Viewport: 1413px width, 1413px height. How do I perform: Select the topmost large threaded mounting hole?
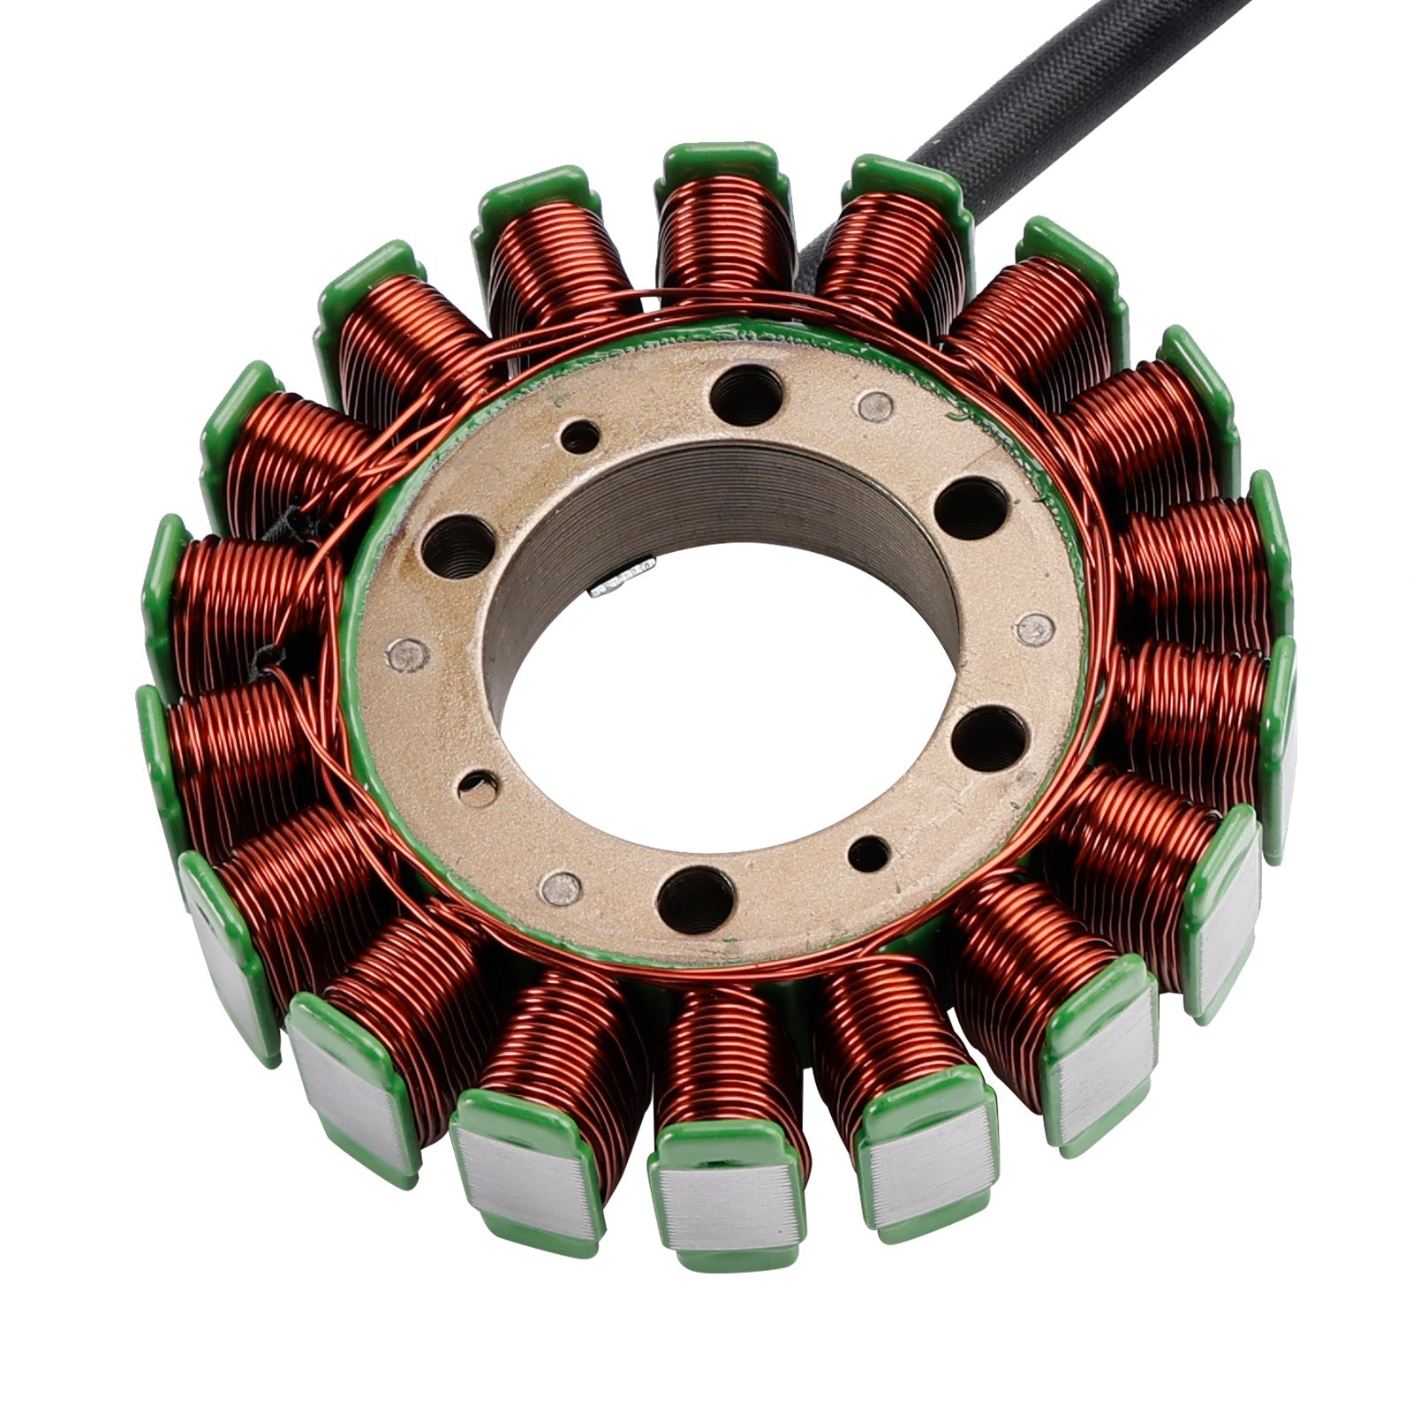click(746, 395)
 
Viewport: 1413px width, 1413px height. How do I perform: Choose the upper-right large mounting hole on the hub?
click(970, 508)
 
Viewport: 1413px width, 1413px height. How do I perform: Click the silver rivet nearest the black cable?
click(875, 404)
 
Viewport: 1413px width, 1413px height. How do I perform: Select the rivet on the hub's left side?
click(407, 654)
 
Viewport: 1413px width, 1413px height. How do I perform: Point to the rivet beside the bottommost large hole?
click(561, 888)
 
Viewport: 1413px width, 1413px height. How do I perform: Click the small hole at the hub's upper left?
click(580, 436)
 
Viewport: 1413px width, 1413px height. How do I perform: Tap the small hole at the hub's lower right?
click(869, 853)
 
